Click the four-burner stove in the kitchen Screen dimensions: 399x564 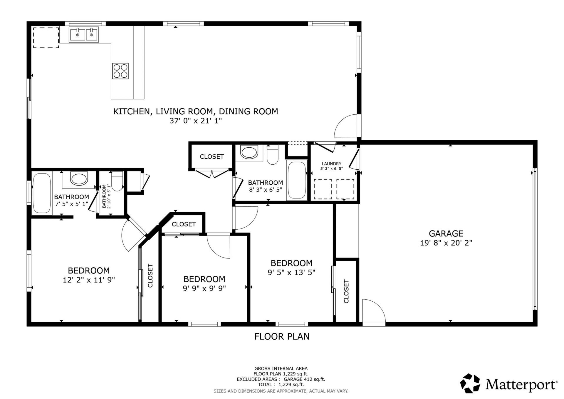pyautogui.click(x=120, y=71)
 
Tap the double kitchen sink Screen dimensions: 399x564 pyautogui.click(x=84, y=35)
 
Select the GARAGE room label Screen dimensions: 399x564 pyautogui.click(x=446, y=233)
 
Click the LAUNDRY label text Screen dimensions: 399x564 pyautogui.click(x=331, y=164)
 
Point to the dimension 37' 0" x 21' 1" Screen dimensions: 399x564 pyautogui.click(x=195, y=121)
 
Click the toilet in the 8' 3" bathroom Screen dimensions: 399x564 pyautogui.click(x=272, y=155)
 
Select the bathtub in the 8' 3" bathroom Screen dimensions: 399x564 pyautogui.click(x=297, y=180)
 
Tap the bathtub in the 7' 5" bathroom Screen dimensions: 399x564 pyautogui.click(x=42, y=193)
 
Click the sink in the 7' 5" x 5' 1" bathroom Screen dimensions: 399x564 pyautogui.click(x=79, y=179)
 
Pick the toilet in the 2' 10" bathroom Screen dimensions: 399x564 pyautogui.click(x=117, y=181)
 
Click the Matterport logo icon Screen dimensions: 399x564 pyautogui.click(x=470, y=383)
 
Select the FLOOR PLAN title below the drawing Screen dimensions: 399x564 pyautogui.click(x=282, y=336)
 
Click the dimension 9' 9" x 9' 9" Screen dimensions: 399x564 pyautogui.click(x=204, y=288)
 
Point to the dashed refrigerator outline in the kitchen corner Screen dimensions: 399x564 pyautogui.click(x=46, y=38)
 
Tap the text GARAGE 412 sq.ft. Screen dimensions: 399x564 pyautogui.click(x=304, y=379)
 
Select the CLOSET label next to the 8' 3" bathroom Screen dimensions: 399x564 pyautogui.click(x=211, y=157)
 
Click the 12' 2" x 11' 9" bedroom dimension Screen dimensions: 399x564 pyautogui.click(x=89, y=280)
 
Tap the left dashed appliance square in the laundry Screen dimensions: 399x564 pyautogui.click(x=323, y=189)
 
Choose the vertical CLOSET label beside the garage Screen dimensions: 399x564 pyautogui.click(x=346, y=291)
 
